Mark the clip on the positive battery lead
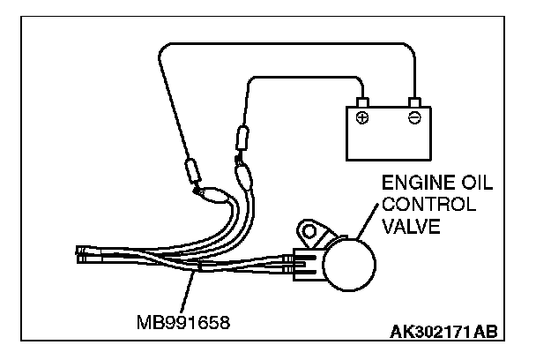point(240,140)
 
